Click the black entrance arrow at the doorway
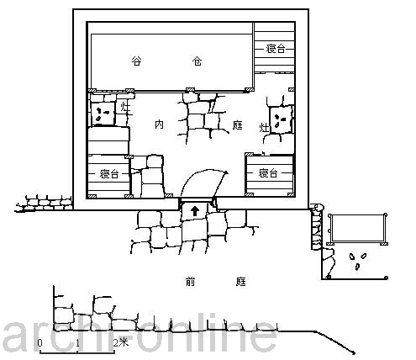195,211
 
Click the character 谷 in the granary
136,61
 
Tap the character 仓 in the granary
197,61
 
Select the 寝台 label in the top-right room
276,49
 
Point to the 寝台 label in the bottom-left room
109,174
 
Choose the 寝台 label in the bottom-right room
268,173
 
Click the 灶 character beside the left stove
125,107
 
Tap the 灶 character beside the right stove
264,128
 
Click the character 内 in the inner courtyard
159,124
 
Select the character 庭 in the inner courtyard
237,125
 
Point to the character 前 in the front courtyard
190,282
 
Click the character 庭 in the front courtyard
240,282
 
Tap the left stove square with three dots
103,114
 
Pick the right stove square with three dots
281,120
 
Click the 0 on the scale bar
39,342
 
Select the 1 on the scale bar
77,342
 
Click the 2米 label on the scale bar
120,342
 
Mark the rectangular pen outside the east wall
358,229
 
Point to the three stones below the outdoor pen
358,261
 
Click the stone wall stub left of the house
44,204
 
